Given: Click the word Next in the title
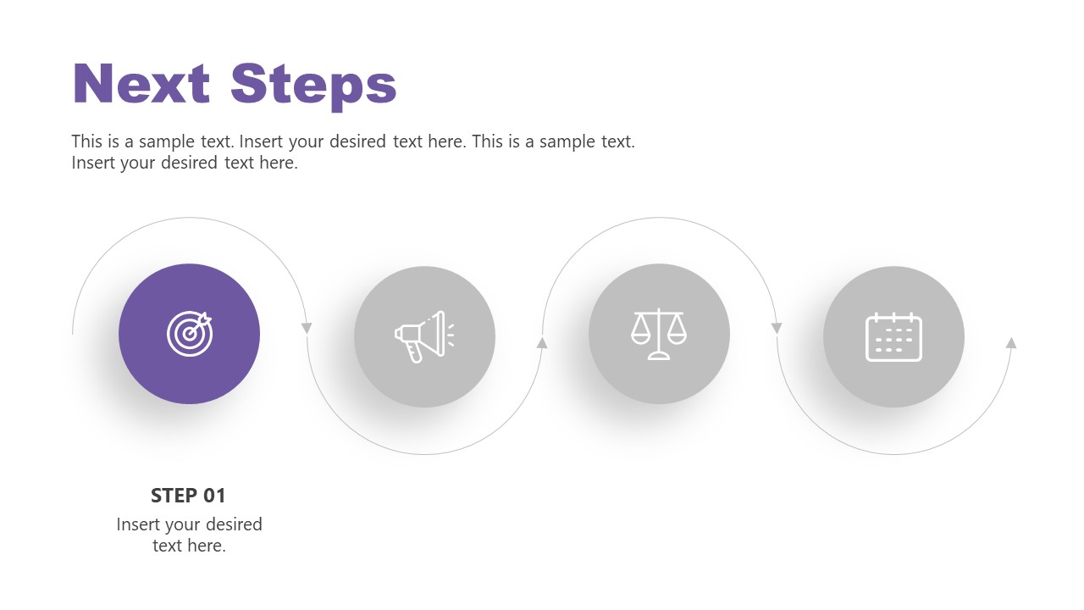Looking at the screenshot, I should pyautogui.click(x=141, y=85).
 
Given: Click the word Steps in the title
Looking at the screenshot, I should pyautogui.click(x=313, y=85).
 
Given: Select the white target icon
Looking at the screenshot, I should pyautogui.click(x=190, y=333).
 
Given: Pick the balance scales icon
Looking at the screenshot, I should pyautogui.click(x=659, y=334).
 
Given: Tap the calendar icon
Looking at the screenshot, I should pyautogui.click(x=893, y=337).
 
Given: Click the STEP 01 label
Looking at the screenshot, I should pyautogui.click(x=188, y=496).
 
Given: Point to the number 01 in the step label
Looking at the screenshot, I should pyautogui.click(x=213, y=496).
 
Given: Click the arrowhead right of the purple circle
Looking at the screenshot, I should pyautogui.click(x=307, y=328).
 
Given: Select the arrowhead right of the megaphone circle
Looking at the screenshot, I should pyautogui.click(x=542, y=342).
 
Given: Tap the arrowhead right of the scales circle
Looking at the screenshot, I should pyautogui.click(x=777, y=328).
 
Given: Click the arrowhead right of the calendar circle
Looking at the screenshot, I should pyautogui.click(x=1010, y=342).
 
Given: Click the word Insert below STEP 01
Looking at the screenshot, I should pyautogui.click(x=139, y=524).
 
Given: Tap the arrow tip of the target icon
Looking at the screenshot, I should pyautogui.click(x=207, y=319).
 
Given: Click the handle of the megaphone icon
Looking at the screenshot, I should pyautogui.click(x=414, y=352).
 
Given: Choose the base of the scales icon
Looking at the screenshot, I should pyautogui.click(x=659, y=357).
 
